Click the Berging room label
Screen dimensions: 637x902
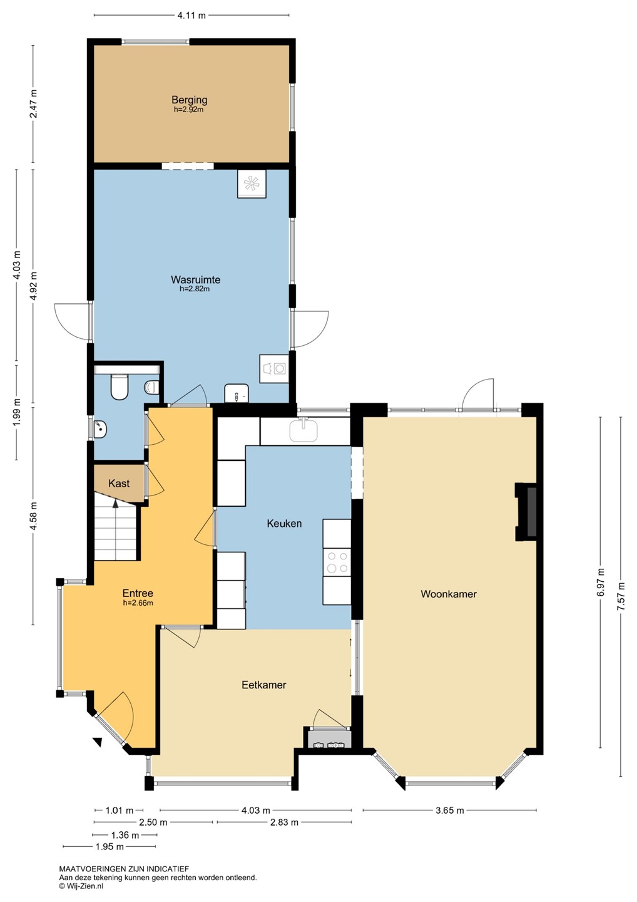click(190, 100)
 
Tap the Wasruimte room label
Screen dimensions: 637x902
click(195, 279)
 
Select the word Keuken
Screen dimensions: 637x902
click(284, 524)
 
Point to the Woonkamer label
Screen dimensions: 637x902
click(449, 594)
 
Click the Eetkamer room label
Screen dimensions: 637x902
click(264, 685)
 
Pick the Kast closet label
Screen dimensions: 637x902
click(119, 483)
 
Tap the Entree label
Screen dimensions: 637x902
click(138, 593)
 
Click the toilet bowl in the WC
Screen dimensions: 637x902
click(119, 387)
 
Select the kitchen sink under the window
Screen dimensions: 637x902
click(303, 430)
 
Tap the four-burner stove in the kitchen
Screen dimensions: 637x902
click(337, 562)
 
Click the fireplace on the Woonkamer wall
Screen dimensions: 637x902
click(526, 511)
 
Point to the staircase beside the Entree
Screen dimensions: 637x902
click(115, 532)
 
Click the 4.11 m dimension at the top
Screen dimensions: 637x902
click(191, 15)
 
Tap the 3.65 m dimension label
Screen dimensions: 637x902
click(450, 810)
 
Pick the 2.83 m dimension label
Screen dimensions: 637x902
click(284, 822)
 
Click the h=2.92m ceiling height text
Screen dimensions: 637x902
click(188, 109)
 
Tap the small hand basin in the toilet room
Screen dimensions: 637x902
click(100, 428)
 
